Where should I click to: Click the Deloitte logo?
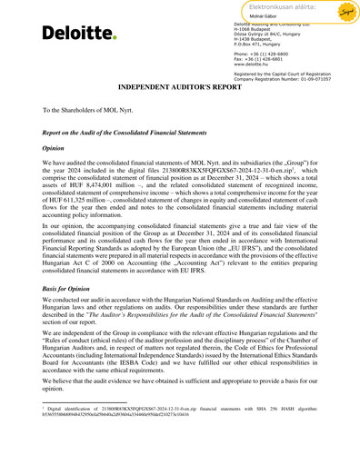78,34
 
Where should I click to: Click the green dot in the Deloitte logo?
115,38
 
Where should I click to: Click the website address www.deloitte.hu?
255,64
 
